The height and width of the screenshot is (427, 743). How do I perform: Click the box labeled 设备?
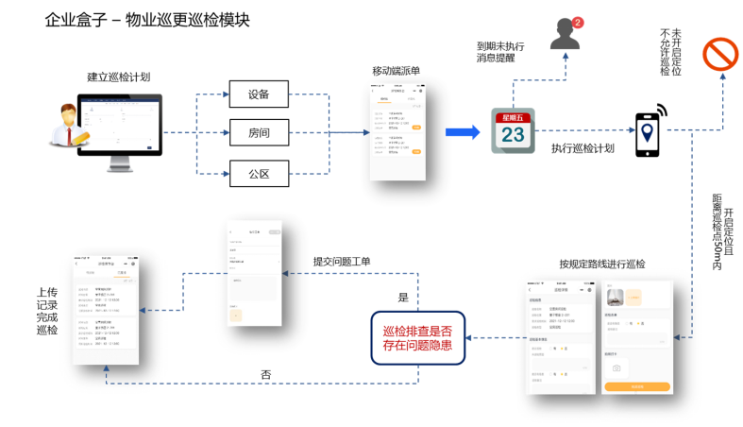tap(259, 94)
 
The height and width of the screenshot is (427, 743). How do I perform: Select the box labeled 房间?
tap(259, 133)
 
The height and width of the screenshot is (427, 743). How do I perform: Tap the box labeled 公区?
tap(259, 173)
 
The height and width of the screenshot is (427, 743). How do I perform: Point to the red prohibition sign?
tap(720, 55)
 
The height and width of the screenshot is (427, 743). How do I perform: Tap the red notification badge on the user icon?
tap(578, 22)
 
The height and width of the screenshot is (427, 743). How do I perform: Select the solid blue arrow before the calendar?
tap(463, 132)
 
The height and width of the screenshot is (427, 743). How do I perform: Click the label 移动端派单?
tap(397, 72)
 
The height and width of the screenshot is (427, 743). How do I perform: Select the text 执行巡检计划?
tap(583, 148)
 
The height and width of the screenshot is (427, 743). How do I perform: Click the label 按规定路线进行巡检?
tap(601, 264)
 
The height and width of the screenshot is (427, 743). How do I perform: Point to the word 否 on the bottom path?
tap(266, 374)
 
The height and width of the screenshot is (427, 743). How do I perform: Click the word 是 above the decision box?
tap(403, 298)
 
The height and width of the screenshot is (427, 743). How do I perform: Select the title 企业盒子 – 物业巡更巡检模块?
tap(147, 20)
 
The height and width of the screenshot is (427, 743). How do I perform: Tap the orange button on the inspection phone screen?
tap(637, 386)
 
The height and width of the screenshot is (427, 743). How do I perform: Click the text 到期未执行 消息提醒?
tap(500, 51)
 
